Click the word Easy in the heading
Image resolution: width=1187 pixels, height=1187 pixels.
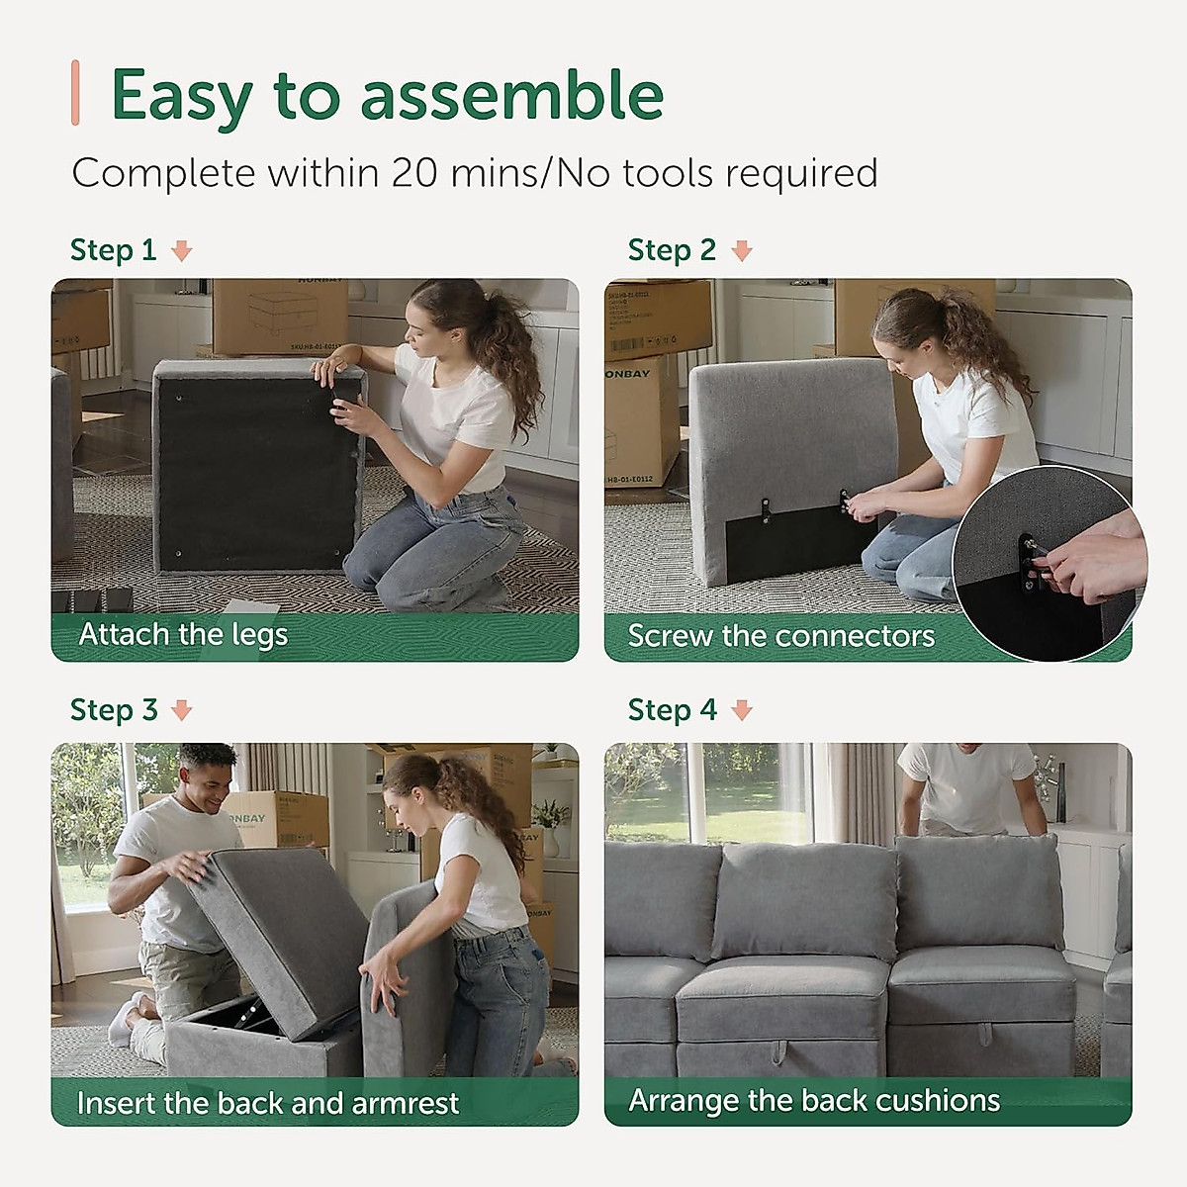181,96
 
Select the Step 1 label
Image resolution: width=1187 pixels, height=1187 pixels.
113,250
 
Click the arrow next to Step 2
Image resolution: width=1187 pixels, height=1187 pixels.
741,251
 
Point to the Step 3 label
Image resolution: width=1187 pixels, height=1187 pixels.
113,710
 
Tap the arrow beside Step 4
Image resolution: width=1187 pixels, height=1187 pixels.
741,710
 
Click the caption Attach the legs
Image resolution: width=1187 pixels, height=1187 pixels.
183,634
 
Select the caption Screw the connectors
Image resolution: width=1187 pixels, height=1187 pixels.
780,636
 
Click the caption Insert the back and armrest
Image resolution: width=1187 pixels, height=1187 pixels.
267,1103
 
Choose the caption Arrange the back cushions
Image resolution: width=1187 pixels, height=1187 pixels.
814,1100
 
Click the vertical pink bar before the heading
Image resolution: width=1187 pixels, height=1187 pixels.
76,93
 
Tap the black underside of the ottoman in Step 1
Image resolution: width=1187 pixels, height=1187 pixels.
252,475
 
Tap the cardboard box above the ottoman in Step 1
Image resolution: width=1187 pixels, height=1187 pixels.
279,315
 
